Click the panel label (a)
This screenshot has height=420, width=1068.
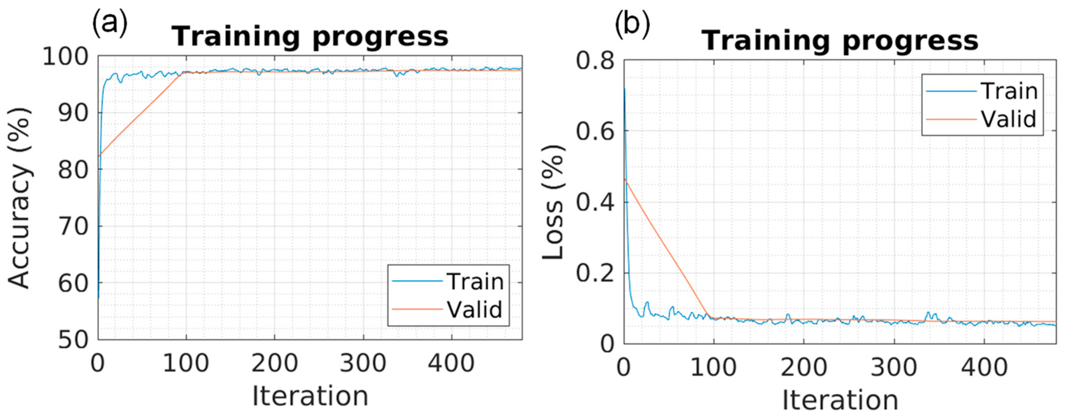(109, 23)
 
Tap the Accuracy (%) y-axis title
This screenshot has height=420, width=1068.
(19, 198)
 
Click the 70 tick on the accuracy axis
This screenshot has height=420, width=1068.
(73, 227)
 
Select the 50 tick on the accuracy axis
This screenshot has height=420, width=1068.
(73, 340)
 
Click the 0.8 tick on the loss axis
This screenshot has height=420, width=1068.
(594, 61)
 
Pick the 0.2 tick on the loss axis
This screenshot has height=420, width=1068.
(594, 273)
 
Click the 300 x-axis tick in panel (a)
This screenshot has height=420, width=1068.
(363, 363)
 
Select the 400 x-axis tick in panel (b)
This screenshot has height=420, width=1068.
(984, 367)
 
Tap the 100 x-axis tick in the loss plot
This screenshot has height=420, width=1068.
(713, 367)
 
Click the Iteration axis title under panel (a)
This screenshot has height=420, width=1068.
(310, 396)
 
